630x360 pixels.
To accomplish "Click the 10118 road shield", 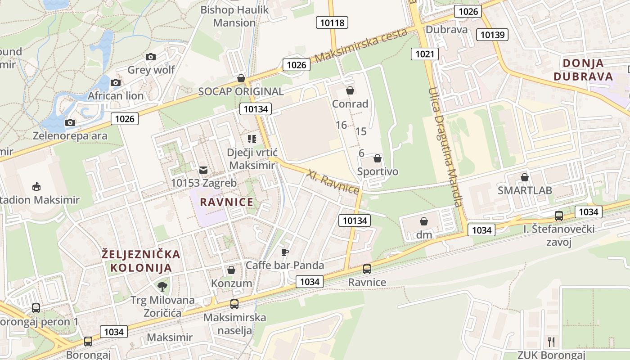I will click(x=332, y=22).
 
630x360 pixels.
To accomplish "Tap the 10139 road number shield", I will click(x=494, y=35).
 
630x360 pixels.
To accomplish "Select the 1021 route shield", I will click(x=424, y=54).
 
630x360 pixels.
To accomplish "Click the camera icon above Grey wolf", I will click(x=151, y=57).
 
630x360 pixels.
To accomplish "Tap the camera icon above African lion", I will click(x=116, y=82).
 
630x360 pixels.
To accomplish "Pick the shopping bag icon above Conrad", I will click(x=350, y=91).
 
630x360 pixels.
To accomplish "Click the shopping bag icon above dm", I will click(x=423, y=221).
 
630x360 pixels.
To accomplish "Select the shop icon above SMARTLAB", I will click(x=524, y=177).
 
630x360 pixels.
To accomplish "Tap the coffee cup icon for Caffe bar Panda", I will click(x=284, y=252).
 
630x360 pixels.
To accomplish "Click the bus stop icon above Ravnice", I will click(x=367, y=269).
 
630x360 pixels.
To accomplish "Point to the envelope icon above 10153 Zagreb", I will click(x=203, y=170).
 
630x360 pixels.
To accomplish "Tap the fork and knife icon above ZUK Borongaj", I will click(x=551, y=342).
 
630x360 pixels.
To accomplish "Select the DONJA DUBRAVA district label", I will click(x=583, y=70).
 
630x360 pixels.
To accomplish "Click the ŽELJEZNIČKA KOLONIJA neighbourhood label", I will click(x=141, y=261).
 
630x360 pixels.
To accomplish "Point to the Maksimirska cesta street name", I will click(x=361, y=45).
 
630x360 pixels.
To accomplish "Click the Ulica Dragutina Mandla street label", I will click(x=445, y=146).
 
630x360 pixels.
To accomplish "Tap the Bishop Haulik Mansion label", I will click(x=234, y=16).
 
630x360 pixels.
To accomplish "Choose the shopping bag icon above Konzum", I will click(x=231, y=270).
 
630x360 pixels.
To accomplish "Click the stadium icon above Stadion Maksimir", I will click(x=36, y=186).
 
